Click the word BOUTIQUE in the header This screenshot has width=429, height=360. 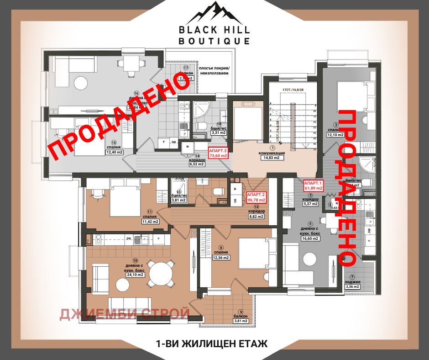click(214, 41)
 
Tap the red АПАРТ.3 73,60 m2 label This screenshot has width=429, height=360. click(218, 153)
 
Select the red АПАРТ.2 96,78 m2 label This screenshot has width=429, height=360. click(256, 197)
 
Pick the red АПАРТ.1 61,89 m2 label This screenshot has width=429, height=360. click(313, 185)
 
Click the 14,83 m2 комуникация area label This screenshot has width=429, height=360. click(272, 158)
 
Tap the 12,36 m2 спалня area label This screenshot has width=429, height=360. click(220, 258)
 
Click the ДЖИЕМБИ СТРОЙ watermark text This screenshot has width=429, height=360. click(125, 313)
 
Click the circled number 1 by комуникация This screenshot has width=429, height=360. click(272, 148)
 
